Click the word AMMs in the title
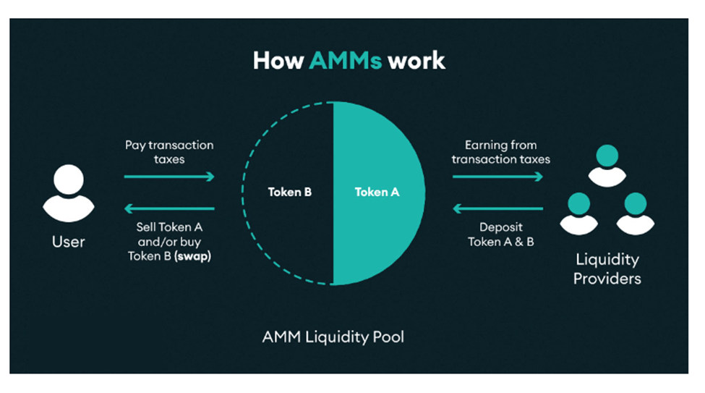(345, 60)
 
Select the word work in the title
(416, 60)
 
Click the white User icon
(69, 193)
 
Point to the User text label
(69, 242)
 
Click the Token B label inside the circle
(289, 193)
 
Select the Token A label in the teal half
(377, 193)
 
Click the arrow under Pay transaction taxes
(170, 177)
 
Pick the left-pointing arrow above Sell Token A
(170, 209)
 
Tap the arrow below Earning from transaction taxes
(497, 177)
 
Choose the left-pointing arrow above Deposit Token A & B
(497, 209)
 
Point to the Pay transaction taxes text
(170, 152)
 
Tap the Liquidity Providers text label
(607, 269)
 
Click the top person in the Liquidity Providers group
(607, 164)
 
